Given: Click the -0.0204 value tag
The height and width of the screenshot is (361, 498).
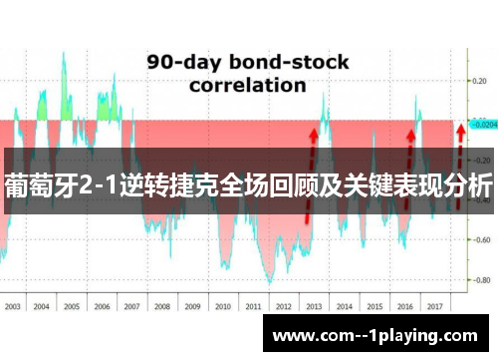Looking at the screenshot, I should [x=482, y=126].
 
